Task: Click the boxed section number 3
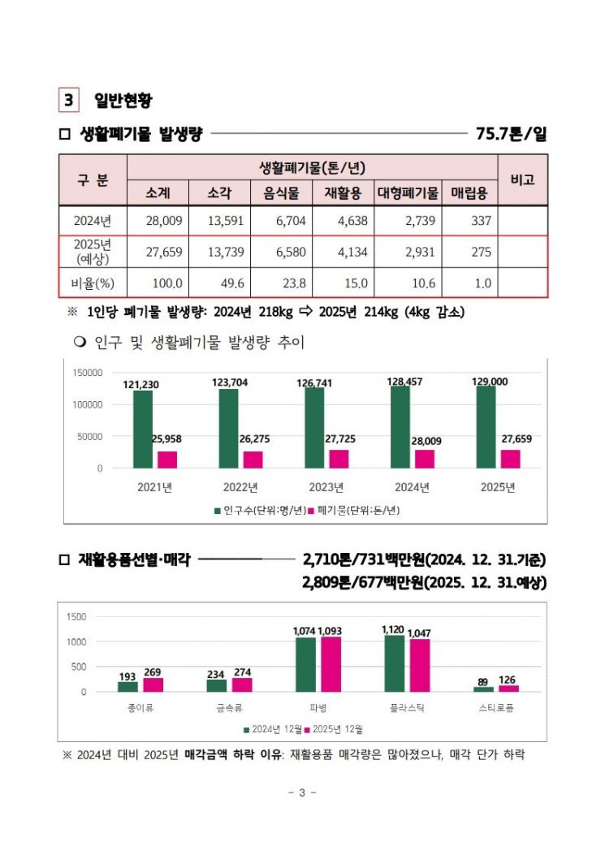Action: (68, 100)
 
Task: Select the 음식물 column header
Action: (281, 193)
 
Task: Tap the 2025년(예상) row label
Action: (92, 252)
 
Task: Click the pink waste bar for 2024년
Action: (425, 459)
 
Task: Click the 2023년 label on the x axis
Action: (326, 487)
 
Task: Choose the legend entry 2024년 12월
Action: (274, 729)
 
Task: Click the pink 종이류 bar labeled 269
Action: (153, 684)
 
